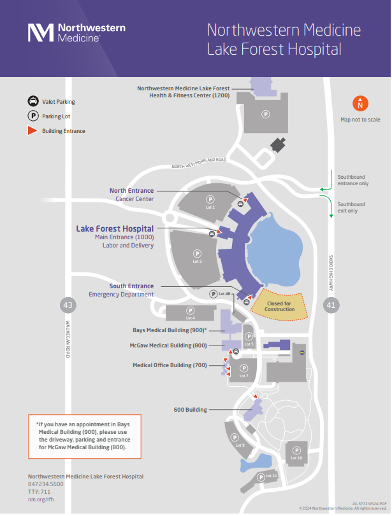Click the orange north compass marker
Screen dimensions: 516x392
[x=360, y=104]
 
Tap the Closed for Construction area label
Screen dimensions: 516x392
[x=280, y=306]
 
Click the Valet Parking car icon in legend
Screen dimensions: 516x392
[x=32, y=101]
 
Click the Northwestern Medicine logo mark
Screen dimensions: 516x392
[x=40, y=32]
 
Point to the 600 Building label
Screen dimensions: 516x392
[x=190, y=410]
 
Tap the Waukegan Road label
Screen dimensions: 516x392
[x=67, y=337]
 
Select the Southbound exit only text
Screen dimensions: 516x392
[x=352, y=207]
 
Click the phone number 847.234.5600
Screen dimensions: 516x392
[x=46, y=484]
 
